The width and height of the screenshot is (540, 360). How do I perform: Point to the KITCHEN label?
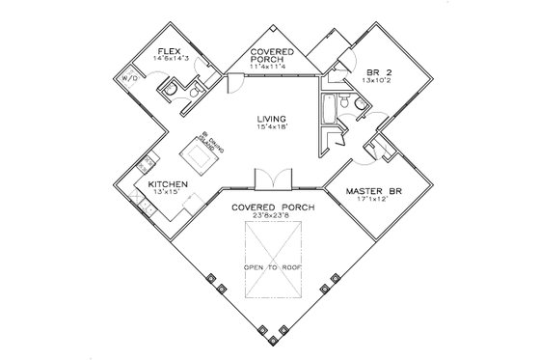coord(167,183)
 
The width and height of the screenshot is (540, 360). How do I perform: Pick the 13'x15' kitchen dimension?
coord(167,192)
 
